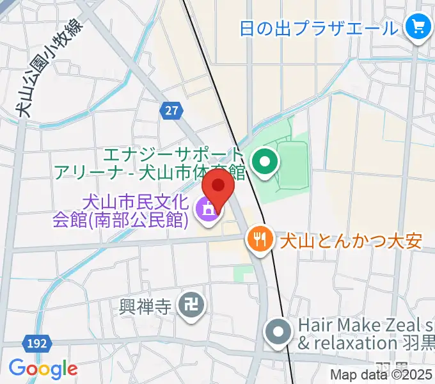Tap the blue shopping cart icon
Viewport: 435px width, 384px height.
419,28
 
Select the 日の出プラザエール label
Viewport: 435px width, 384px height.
319,28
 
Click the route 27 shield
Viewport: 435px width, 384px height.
170,111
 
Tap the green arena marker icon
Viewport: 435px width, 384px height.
264,163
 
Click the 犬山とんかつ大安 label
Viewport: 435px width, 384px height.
350,241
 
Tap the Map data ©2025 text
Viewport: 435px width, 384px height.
381,375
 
